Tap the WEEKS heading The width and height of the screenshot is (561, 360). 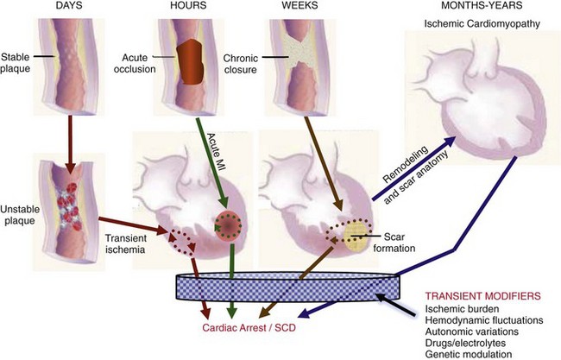(x=302, y=7)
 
